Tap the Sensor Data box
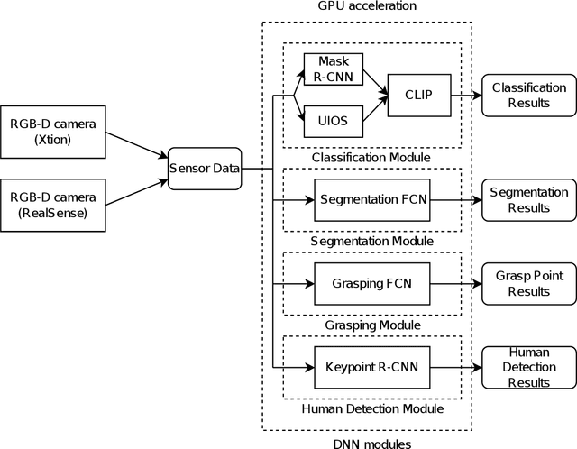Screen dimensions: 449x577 205,168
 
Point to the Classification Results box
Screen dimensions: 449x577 529,95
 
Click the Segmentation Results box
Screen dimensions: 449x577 529,199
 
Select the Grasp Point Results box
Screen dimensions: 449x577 529,283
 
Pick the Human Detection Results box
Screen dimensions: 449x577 529,367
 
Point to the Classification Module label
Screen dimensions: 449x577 371,158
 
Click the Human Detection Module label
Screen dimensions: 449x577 371,408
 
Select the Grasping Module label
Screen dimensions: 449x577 371,325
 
